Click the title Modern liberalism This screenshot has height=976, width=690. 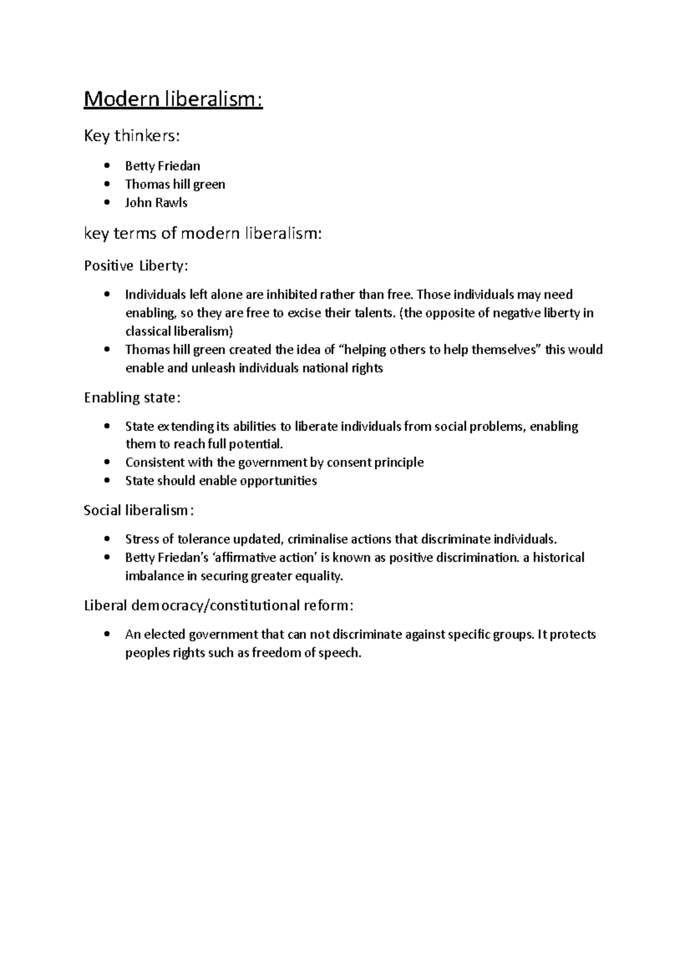173,100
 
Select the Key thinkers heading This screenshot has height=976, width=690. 132,136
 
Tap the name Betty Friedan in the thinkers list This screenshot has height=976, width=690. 163,166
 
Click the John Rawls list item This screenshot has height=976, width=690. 156,203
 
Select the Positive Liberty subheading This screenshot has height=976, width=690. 136,266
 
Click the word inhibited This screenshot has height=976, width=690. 291,295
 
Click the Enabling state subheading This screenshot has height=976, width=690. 132,398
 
